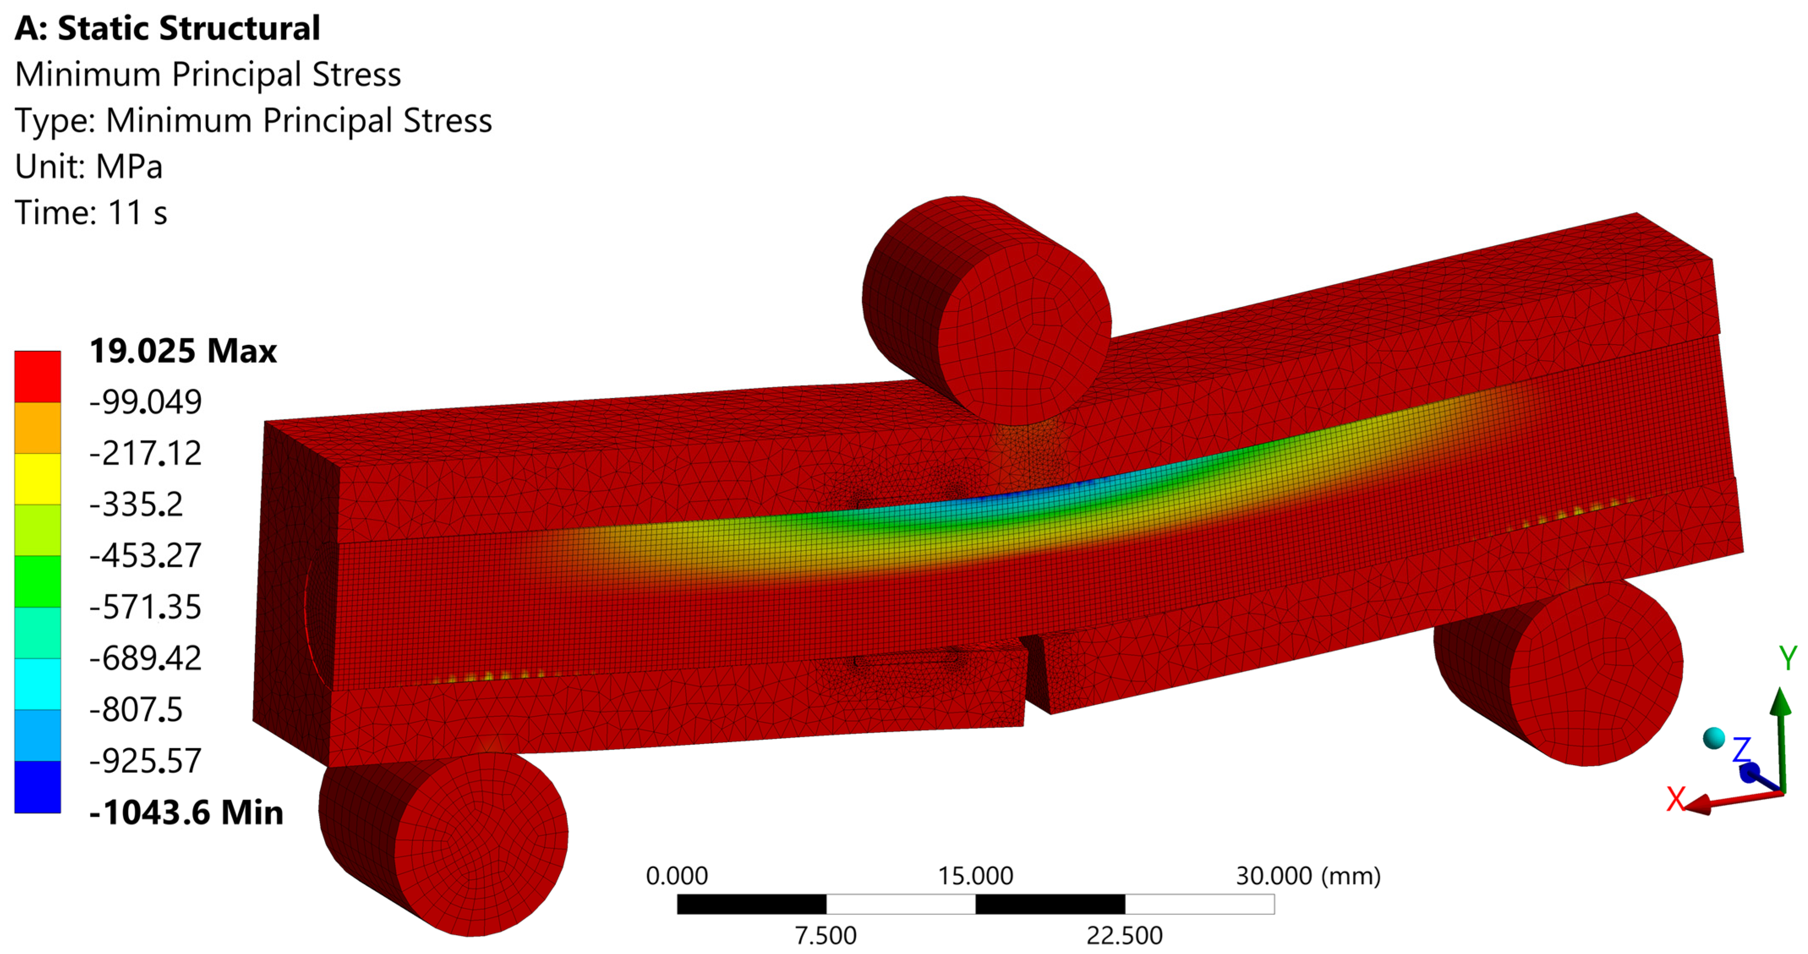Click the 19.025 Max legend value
183,351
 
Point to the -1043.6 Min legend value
186,812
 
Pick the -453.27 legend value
145,556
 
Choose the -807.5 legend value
136,710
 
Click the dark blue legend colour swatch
38,787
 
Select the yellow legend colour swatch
38,479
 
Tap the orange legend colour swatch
38,427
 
